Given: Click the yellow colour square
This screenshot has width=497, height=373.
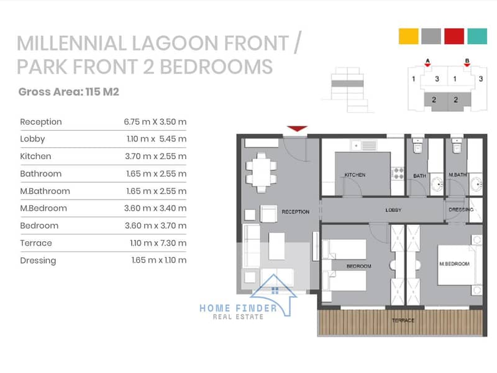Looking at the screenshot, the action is (x=408, y=36).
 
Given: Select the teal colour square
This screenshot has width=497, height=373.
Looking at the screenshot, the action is (x=477, y=36).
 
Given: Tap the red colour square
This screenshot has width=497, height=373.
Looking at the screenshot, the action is (x=454, y=36).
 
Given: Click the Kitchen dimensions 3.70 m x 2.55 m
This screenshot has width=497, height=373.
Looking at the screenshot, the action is (x=156, y=157).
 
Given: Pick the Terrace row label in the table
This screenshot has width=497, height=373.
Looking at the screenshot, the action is (x=36, y=243).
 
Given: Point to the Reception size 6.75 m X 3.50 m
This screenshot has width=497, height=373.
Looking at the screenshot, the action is (x=155, y=122).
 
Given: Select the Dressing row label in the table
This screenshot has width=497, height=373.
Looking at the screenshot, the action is (x=38, y=260).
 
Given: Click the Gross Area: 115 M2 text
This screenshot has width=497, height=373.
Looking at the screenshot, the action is (x=69, y=91).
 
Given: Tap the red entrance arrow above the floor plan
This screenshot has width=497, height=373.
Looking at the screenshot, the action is (x=297, y=129).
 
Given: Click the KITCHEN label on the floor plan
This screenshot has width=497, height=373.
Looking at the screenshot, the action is (x=355, y=175).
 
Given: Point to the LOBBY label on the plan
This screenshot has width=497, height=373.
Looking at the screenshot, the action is (x=393, y=210).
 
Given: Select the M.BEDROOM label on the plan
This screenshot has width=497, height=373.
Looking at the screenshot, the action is (x=454, y=264).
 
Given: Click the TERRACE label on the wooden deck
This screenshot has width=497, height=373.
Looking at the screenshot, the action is (x=403, y=320).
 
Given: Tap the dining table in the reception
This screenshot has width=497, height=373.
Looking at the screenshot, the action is (x=262, y=173).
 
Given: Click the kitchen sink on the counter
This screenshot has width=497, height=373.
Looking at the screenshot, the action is (x=363, y=145).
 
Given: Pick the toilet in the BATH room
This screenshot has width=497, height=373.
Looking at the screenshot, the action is (x=417, y=146).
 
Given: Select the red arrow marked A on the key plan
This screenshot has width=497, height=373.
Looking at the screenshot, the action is (x=427, y=65).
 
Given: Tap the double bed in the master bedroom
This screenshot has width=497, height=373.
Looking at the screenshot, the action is (x=457, y=265).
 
